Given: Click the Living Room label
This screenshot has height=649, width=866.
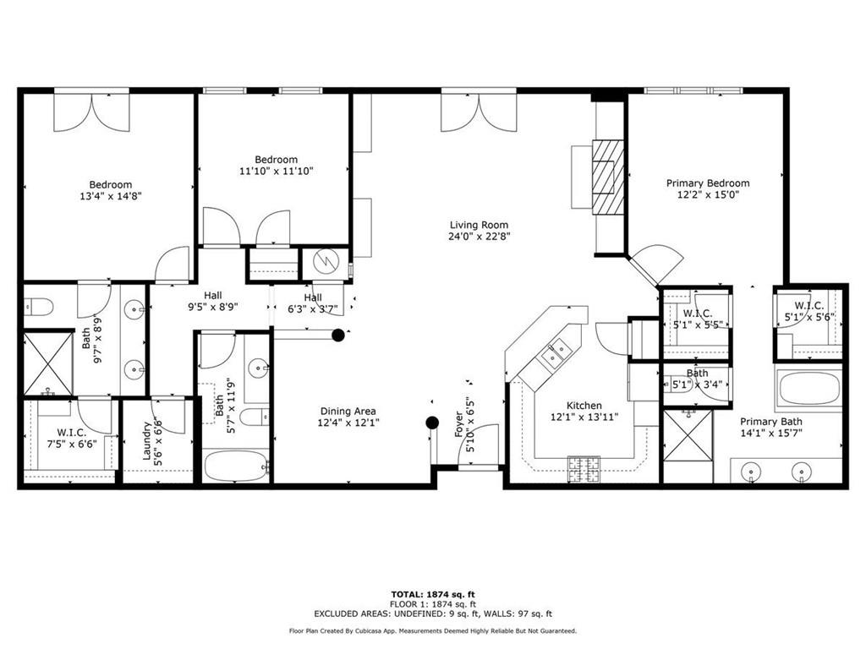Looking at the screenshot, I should (x=479, y=225).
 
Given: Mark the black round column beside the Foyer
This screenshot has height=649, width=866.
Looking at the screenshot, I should (x=432, y=423).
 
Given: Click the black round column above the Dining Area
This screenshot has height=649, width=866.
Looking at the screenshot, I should (x=338, y=335).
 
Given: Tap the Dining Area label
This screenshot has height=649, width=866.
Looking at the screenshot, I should (x=347, y=412).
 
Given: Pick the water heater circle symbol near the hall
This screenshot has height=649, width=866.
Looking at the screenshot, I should (x=326, y=260).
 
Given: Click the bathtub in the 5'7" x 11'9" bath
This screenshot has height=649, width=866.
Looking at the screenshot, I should (x=236, y=465).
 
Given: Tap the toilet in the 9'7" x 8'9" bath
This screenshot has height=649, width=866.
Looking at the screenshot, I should (x=41, y=305).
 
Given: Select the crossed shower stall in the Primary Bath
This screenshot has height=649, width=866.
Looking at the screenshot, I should (x=687, y=436).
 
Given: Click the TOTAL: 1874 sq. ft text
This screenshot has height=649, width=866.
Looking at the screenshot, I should (x=432, y=594).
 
